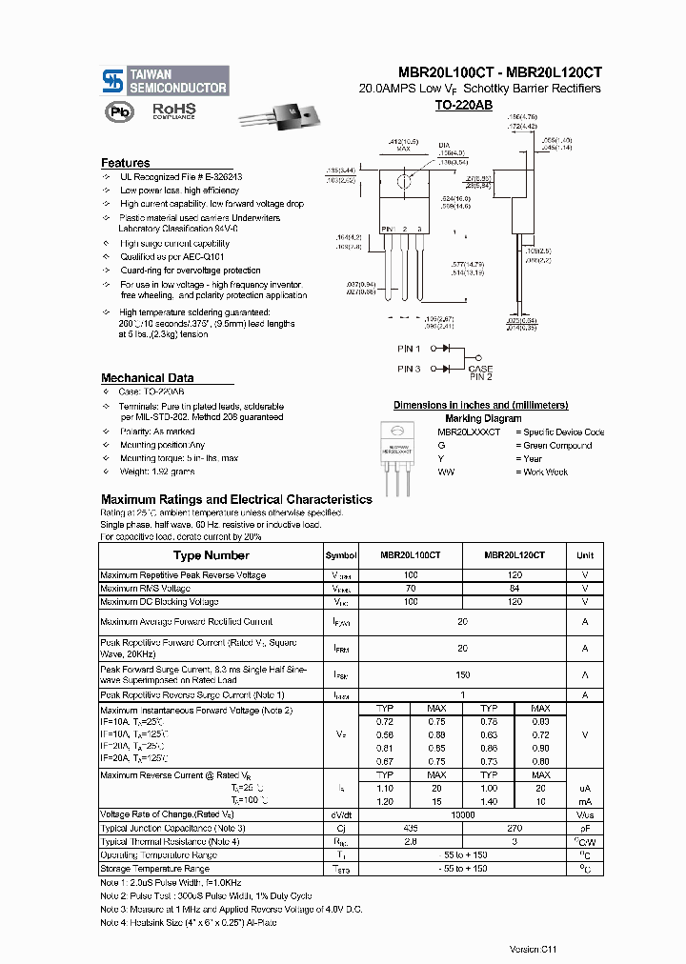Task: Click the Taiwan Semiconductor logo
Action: (x=166, y=81)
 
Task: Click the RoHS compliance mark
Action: (x=173, y=111)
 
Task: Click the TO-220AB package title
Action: (x=463, y=106)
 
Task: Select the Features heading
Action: (x=126, y=163)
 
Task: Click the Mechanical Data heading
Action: (x=148, y=378)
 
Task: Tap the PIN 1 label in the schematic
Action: (x=409, y=349)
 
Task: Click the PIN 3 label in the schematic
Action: (x=409, y=369)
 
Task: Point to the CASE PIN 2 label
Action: (x=480, y=373)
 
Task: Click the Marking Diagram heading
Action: (x=483, y=418)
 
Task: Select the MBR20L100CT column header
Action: (x=410, y=555)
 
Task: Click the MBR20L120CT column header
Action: (x=514, y=555)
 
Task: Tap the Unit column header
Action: (x=585, y=555)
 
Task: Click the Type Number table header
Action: (x=211, y=555)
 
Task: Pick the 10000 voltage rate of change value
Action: (x=462, y=814)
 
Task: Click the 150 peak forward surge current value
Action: (x=462, y=673)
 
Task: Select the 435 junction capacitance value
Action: (x=411, y=828)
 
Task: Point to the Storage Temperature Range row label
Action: (x=155, y=869)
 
